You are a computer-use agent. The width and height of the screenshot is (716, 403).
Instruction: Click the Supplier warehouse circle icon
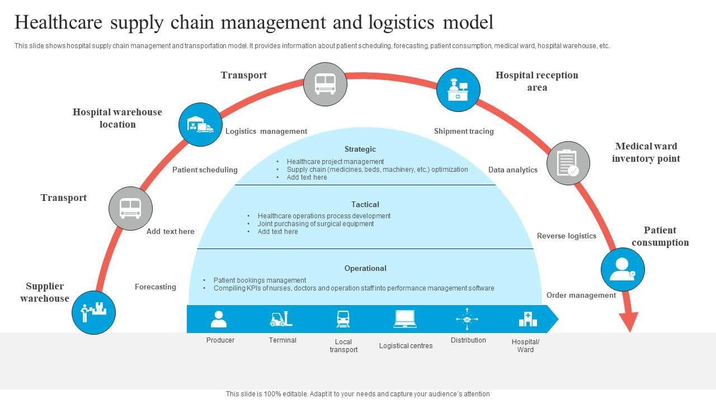coord(93,312)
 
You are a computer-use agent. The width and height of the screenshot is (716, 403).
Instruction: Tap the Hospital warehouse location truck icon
coord(200,125)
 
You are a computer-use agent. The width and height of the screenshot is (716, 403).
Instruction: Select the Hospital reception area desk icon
coord(458,90)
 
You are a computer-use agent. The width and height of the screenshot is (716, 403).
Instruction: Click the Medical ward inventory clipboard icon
coord(568,163)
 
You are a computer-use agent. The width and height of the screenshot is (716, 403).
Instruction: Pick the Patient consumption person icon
coord(623,269)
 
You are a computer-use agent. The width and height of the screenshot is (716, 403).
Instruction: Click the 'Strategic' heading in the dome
coord(360,149)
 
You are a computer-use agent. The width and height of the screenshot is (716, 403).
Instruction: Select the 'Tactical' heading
coord(365,205)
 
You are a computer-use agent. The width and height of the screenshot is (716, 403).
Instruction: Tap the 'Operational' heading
coord(365,269)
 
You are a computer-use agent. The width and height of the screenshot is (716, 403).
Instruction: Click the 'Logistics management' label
coord(266,132)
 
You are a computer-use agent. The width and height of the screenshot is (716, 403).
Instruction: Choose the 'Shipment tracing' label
coord(464,132)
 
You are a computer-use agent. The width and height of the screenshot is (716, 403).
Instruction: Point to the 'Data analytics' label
coord(513,170)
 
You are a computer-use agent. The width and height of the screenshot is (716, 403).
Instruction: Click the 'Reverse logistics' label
coord(567,236)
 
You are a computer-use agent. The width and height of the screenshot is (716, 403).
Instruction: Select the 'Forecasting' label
coord(156,287)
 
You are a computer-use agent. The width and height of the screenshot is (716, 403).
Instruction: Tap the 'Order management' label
coord(581,296)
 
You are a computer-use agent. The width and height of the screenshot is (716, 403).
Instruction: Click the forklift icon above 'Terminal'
coord(281,319)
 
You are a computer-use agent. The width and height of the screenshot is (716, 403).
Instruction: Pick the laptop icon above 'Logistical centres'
coord(405,319)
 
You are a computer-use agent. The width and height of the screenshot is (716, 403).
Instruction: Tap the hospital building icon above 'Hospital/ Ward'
coord(527,319)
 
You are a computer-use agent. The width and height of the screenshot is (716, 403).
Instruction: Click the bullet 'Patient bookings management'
coord(260,280)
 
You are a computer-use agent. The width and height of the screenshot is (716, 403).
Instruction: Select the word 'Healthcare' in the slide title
coord(59,22)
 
